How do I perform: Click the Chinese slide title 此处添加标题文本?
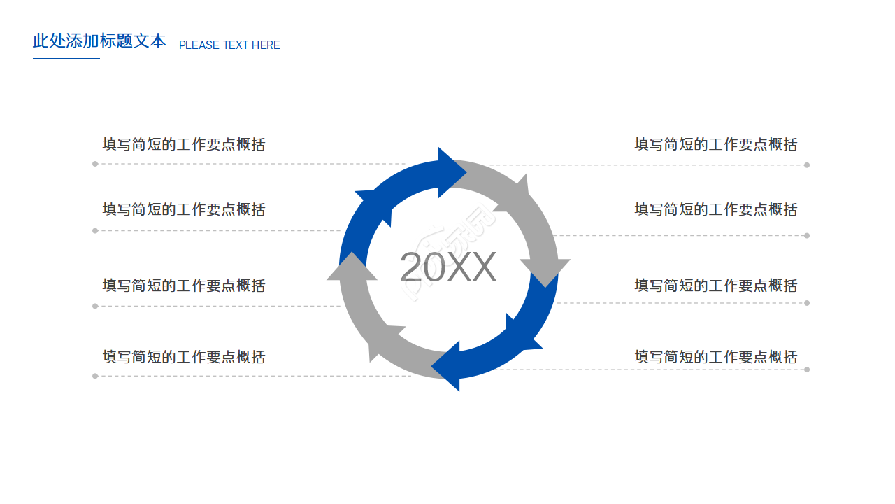[x=99, y=41]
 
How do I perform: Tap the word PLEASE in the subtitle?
[x=199, y=45]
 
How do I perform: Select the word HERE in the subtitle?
[x=266, y=45]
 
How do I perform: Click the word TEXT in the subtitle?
[x=235, y=45]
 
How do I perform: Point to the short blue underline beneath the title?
[x=66, y=58]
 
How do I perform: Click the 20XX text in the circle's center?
[x=447, y=267]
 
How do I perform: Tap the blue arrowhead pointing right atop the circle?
[x=450, y=171]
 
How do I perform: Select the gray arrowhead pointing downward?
[x=545, y=270]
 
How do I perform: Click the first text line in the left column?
[x=184, y=144]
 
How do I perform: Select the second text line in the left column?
[x=184, y=209]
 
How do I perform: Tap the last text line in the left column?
[x=184, y=357]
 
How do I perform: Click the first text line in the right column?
[x=715, y=144]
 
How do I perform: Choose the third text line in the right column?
[x=715, y=286]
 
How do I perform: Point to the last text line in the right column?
[x=715, y=357]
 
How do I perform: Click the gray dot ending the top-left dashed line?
[x=95, y=164]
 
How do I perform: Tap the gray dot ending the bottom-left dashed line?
[x=95, y=376]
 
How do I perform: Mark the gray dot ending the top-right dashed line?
[x=807, y=165]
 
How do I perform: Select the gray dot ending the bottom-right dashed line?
[x=807, y=370]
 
